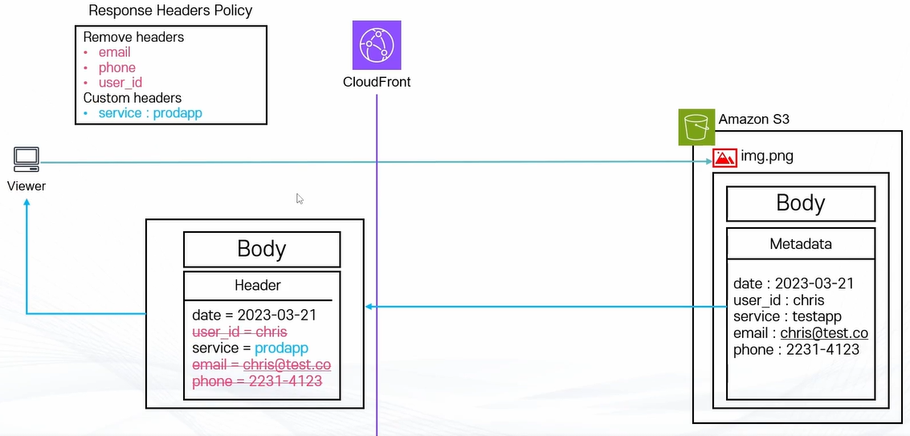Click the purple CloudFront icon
376,46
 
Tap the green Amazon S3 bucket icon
696,127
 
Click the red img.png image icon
724,157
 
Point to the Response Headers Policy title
170,10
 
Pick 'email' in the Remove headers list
114,52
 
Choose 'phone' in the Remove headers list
116,67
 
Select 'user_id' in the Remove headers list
120,83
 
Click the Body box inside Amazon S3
800,203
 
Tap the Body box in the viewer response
262,249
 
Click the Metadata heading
800,243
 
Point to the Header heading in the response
257,285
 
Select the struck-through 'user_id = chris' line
239,332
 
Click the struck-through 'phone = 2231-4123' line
257,381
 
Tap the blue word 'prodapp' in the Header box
281,348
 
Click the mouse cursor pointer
300,198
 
